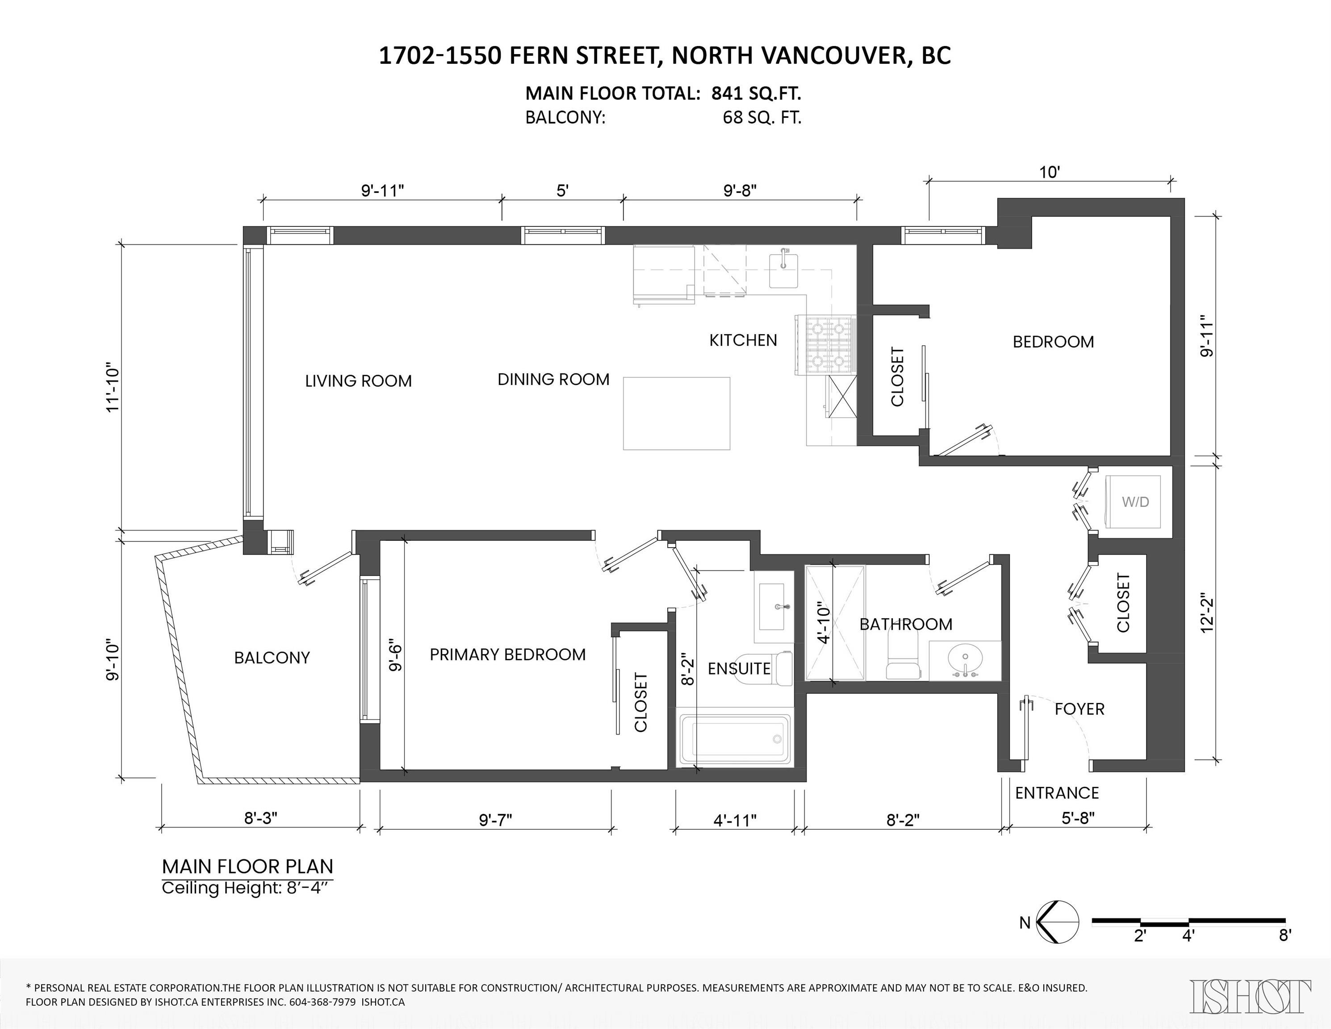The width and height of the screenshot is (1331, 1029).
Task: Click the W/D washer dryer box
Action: point(1134,502)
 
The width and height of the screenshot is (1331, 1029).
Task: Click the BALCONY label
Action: point(272,657)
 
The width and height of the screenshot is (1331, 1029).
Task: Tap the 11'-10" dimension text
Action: point(113,390)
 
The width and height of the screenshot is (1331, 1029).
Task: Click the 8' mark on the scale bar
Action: point(1285,936)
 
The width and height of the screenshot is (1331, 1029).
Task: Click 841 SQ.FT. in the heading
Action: point(756,93)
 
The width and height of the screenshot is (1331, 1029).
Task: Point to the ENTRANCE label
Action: point(1057,793)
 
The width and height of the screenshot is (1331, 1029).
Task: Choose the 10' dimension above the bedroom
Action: point(1050,172)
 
